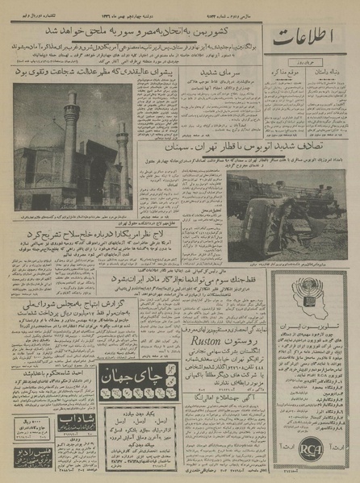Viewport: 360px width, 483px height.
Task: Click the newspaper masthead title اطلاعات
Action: pyautogui.click(x=311, y=37)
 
